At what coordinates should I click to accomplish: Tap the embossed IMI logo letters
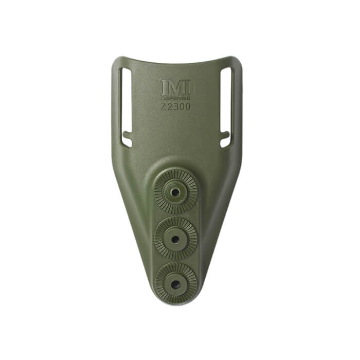[175, 87]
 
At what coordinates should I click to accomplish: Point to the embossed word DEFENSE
[175, 98]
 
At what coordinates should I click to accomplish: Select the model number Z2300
[175, 107]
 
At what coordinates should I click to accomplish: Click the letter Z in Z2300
[163, 107]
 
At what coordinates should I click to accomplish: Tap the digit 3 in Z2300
[175, 107]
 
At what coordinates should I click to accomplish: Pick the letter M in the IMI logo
[175, 87]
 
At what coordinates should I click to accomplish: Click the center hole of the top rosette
[175, 192]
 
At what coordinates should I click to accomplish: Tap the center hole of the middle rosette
[175, 239]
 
